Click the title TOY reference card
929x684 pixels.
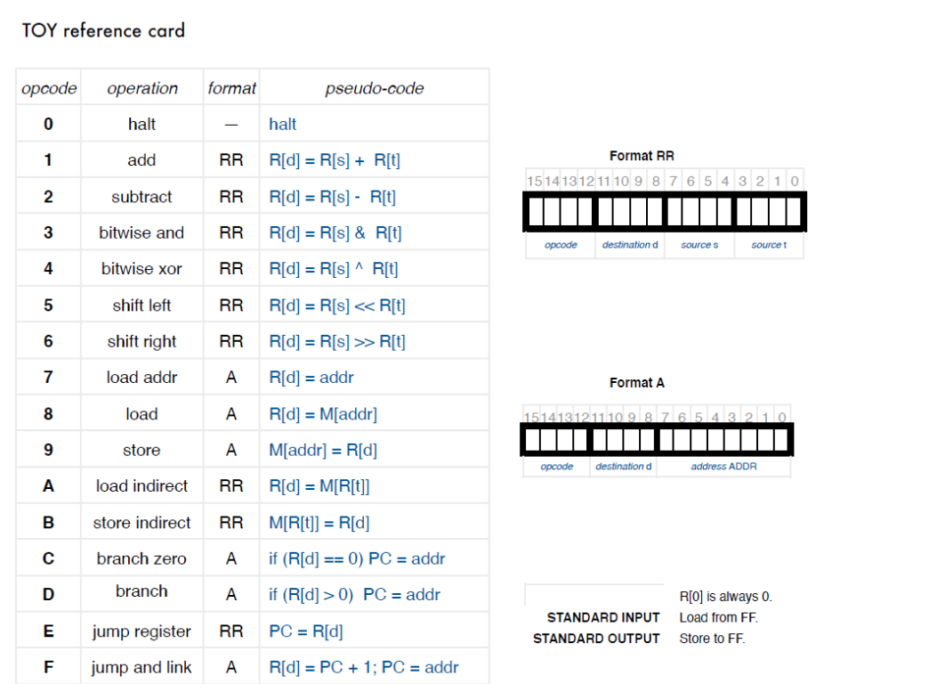(103, 31)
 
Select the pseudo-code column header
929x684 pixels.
(374, 88)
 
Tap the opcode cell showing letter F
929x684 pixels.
(48, 667)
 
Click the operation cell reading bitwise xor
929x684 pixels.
(141, 269)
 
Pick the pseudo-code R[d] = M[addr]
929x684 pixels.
(323, 414)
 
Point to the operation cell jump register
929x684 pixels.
(141, 631)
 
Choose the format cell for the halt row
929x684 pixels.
(231, 125)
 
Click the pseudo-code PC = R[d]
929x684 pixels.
(306, 631)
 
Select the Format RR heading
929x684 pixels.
(642, 156)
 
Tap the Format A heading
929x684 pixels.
(636, 383)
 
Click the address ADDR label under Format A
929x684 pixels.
(723, 467)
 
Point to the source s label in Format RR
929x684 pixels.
(699, 245)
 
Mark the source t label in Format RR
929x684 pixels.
(769, 245)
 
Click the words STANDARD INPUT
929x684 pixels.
(603, 617)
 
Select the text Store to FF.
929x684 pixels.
(712, 639)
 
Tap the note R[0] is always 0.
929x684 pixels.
(725, 597)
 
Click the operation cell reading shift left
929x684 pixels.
(141, 305)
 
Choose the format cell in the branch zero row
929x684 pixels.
(231, 559)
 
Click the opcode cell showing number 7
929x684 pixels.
(48, 378)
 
